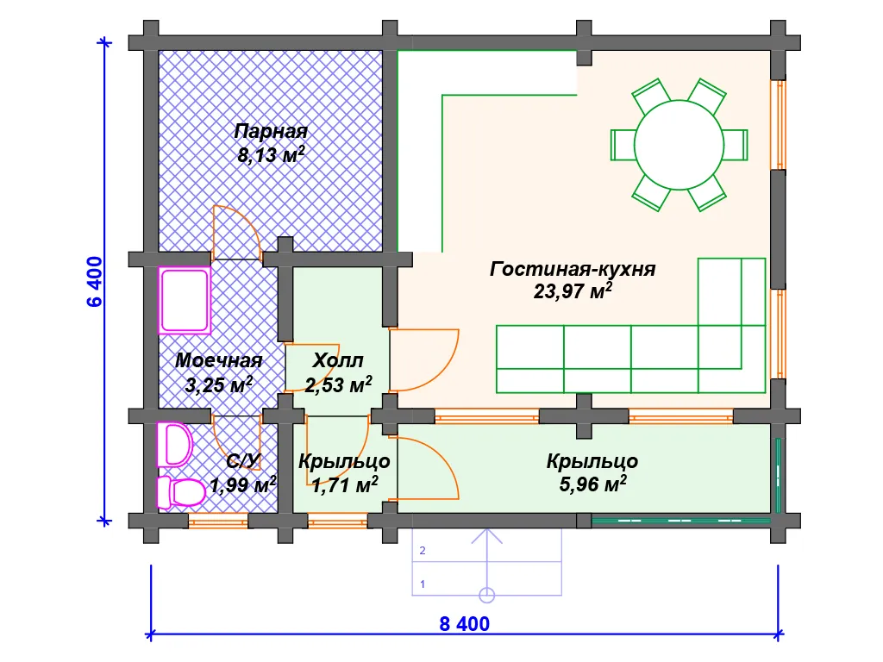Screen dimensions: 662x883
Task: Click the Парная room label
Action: click(x=271, y=132)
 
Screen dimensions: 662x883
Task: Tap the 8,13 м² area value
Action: click(x=271, y=155)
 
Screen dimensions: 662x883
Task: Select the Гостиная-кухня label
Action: click(x=573, y=269)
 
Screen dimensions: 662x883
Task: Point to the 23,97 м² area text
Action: click(x=573, y=291)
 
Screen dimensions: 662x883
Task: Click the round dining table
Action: click(x=679, y=144)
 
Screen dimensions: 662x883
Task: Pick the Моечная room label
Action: click(x=218, y=360)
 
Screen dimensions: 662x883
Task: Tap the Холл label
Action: click(x=338, y=360)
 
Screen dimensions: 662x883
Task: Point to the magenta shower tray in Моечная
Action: click(x=185, y=300)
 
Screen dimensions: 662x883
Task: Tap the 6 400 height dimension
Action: click(x=94, y=281)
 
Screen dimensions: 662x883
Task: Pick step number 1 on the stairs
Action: click(x=423, y=584)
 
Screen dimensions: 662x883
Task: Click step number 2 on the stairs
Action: click(x=423, y=550)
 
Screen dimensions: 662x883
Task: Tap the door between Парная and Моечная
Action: click(x=236, y=232)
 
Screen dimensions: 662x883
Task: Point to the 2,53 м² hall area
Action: click(x=338, y=384)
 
